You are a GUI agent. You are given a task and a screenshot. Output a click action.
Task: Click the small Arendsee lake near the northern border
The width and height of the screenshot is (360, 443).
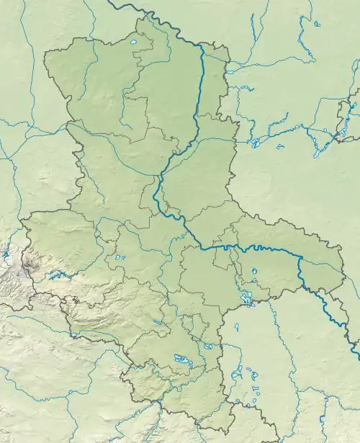[x=134, y=51]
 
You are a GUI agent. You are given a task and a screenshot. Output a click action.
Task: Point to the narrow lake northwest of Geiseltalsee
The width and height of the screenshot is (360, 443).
[x=158, y=323]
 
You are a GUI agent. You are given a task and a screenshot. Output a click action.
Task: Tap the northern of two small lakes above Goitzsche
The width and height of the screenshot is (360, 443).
[x=253, y=271]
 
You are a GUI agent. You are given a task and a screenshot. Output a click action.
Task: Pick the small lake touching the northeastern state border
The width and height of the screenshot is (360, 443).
[x=229, y=71]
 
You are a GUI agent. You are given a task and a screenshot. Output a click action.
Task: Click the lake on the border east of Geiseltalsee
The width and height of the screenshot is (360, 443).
[x=208, y=346]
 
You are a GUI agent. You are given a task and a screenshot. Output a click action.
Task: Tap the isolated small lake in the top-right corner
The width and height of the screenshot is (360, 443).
[x=318, y=24]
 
